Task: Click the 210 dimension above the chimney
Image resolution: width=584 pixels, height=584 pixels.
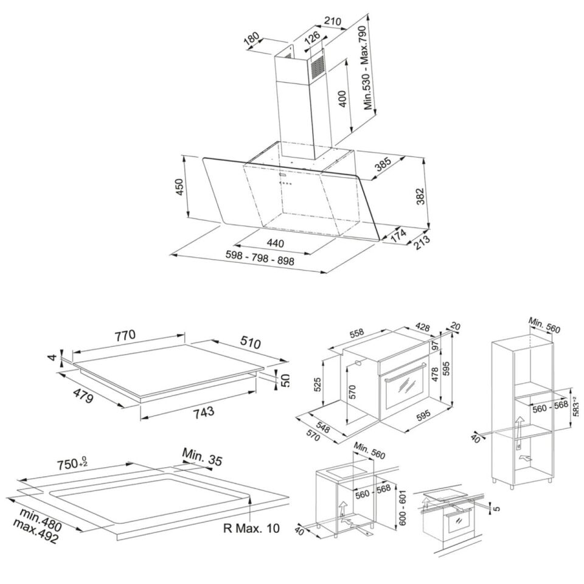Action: coord(332,21)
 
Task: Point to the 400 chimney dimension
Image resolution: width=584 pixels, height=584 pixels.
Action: coord(343,99)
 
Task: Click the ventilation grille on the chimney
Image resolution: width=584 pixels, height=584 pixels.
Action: coord(319,69)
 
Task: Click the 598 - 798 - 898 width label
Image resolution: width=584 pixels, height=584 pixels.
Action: coord(260,258)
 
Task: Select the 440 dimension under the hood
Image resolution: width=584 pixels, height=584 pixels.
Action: coord(275,243)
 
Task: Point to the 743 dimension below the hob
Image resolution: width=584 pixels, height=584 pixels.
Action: coord(203,412)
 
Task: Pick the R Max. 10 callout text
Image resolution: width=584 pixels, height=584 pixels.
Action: coord(251,528)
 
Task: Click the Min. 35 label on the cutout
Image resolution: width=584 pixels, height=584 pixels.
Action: coord(202,457)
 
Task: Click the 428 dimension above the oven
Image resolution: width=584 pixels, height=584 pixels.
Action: coord(422,327)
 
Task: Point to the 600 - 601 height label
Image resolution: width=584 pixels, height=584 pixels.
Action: coord(402,507)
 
